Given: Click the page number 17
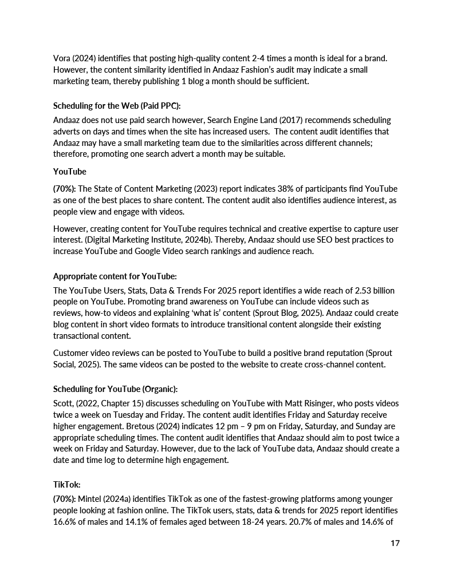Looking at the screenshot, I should click(x=395, y=543).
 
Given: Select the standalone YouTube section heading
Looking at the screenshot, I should click(x=70, y=172).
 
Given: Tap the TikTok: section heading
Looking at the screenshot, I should click(x=66, y=484).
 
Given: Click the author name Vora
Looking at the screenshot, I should click(x=62, y=59).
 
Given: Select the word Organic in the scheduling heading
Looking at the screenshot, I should click(x=159, y=389).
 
